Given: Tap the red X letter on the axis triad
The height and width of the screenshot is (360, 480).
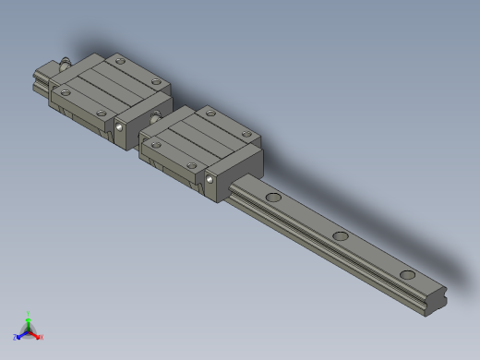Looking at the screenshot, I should [42, 338].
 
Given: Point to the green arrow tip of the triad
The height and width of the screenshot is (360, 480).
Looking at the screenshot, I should [30, 319].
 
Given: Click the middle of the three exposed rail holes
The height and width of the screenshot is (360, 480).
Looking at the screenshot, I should [341, 236].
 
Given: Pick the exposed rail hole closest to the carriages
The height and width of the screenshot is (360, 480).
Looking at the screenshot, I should [274, 198].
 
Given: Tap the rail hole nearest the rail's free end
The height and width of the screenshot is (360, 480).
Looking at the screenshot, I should [407, 275].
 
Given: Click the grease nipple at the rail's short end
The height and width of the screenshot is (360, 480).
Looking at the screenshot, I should [66, 64].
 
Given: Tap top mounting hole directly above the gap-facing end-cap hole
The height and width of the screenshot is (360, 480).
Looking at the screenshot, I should [102, 112].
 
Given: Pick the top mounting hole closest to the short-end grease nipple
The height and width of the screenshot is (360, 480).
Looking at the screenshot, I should [66, 90].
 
